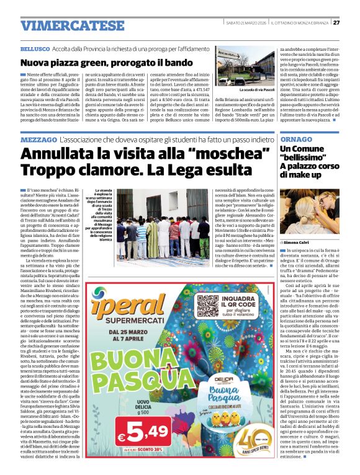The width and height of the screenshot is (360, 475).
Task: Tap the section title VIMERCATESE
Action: click(63, 25)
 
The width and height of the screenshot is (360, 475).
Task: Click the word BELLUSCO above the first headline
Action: click(34, 48)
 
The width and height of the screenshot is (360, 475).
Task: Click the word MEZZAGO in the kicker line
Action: click(39, 140)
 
